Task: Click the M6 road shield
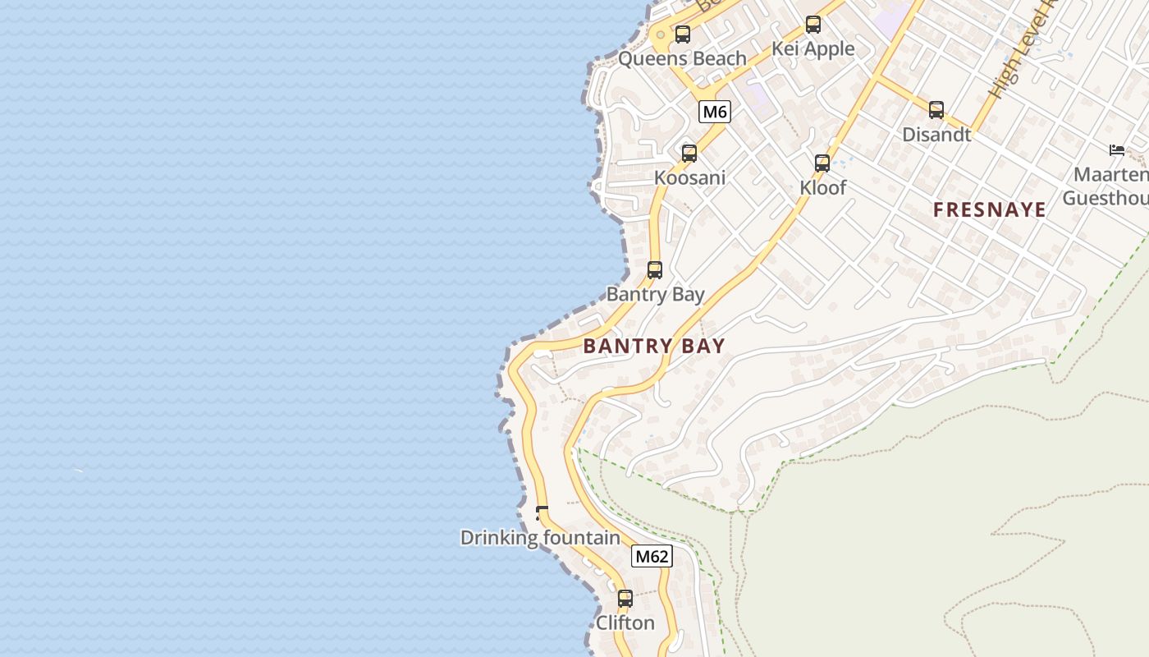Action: coord(715,112)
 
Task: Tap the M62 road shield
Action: coord(652,556)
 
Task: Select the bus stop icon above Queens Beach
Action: coord(682,34)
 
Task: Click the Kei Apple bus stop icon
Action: coord(813,25)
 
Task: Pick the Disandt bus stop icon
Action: coord(936,109)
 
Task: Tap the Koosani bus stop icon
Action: coord(689,154)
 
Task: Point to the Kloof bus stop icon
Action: coord(822,163)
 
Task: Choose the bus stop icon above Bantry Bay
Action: coord(655,269)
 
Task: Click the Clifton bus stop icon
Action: coord(625,599)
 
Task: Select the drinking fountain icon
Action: coord(541,513)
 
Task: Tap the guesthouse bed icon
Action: coord(1117,149)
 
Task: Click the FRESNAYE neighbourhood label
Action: coord(989,209)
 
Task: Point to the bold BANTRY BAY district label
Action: coord(654,346)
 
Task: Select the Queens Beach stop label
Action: coord(682,58)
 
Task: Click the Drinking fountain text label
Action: coord(540,538)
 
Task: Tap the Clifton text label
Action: coord(625,623)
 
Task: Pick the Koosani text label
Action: coord(689,177)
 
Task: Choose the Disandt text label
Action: coord(936,134)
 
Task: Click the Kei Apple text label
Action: coord(813,48)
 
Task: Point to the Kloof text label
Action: coord(822,187)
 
